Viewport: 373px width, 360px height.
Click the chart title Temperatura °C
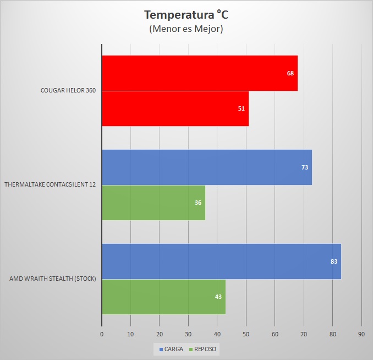click(x=186, y=14)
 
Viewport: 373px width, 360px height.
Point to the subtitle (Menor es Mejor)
click(x=186, y=29)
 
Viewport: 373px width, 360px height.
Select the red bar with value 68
click(x=200, y=73)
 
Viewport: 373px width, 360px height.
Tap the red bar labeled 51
click(x=175, y=108)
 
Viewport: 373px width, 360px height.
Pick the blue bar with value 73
click(x=207, y=167)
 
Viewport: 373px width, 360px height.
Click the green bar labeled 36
click(x=153, y=203)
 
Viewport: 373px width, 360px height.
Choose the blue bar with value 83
click(x=221, y=261)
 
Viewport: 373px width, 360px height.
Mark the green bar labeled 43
click(x=164, y=297)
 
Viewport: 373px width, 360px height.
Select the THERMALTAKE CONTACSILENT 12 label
click(x=50, y=185)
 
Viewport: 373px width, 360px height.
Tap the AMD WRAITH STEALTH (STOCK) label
click(x=53, y=279)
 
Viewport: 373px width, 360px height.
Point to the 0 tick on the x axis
click(x=102, y=334)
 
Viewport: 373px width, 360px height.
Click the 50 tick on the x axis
click(x=246, y=334)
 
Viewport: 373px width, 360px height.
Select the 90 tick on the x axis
click(x=361, y=334)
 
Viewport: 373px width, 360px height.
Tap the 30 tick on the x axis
click(x=188, y=334)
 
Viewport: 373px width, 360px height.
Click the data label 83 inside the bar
click(x=334, y=261)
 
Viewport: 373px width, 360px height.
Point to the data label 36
click(x=198, y=203)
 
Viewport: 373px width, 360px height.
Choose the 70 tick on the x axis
click(x=304, y=334)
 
